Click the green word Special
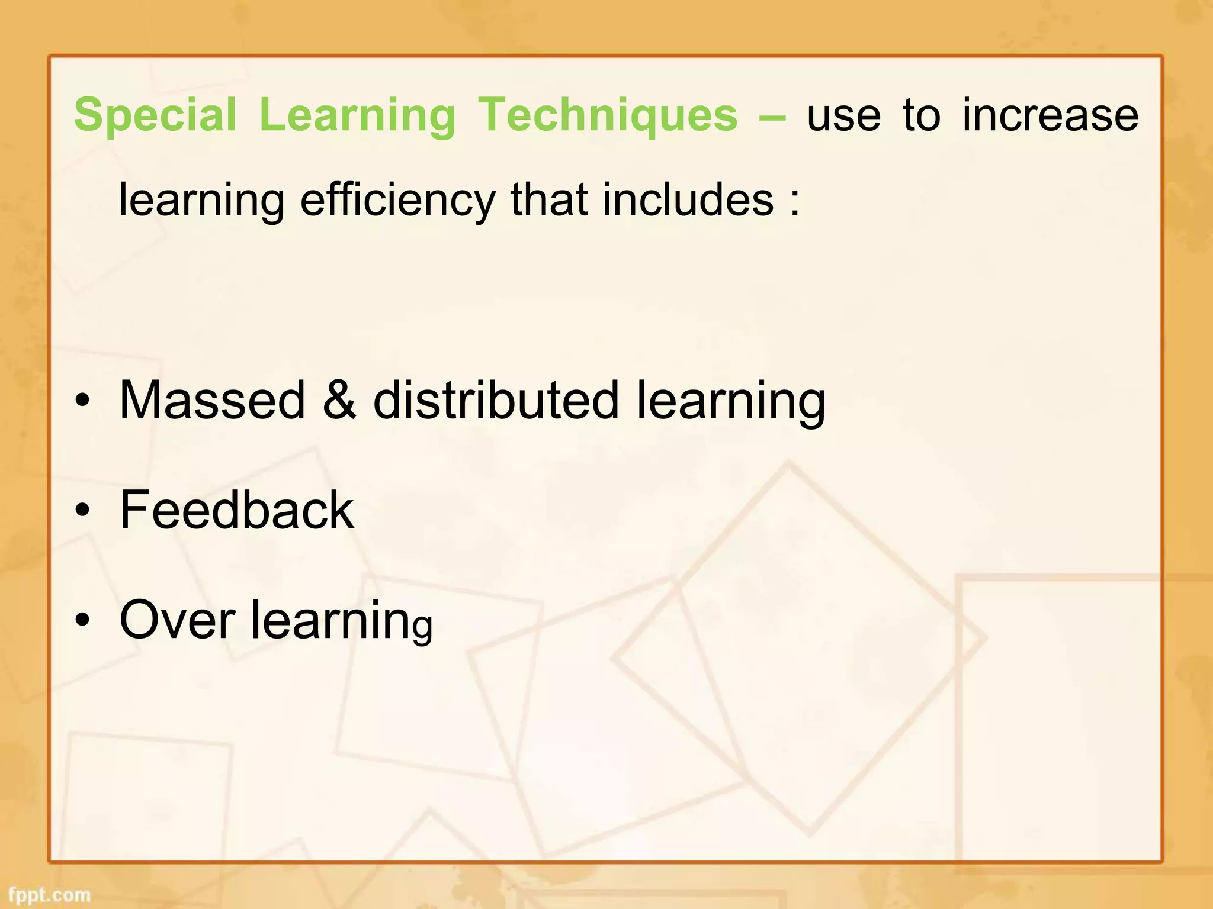pos(155,115)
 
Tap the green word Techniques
pos(608,115)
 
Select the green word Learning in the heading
pos(357,115)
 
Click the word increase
pos(1050,115)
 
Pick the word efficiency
pos(397,200)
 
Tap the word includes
pos(688,200)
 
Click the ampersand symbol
pos(339,401)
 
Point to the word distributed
pos(496,401)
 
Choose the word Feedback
pos(236,510)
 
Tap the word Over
pos(177,620)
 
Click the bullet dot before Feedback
pos(83,510)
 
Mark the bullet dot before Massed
pos(83,401)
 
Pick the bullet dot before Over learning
pos(83,620)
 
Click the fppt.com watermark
pos(49,895)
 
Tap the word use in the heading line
pos(843,115)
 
